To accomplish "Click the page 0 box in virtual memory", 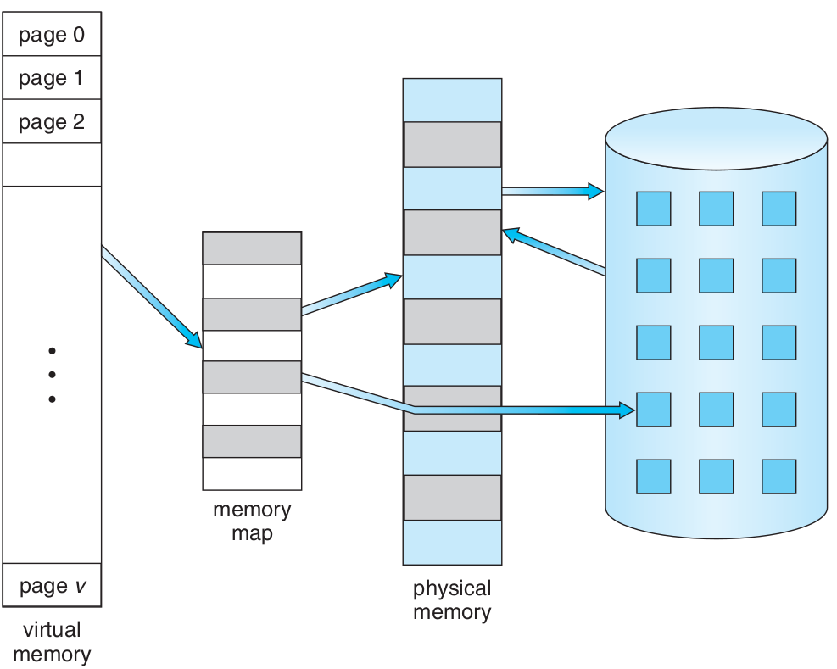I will (x=52, y=35).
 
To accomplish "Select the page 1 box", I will (x=52, y=78).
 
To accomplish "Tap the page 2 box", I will (x=52, y=121).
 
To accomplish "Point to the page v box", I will (x=52, y=585).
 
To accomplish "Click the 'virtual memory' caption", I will (x=52, y=642).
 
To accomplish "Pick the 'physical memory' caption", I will (x=452, y=599).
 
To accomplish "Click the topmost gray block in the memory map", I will (x=252, y=248).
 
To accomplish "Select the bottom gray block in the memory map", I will (x=252, y=441).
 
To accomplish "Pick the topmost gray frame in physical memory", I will (x=452, y=144).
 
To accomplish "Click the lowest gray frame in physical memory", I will (x=452, y=498).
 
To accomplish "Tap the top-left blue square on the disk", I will (x=653, y=209).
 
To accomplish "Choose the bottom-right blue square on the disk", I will (x=778, y=477).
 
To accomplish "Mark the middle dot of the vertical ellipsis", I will (x=52, y=375).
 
